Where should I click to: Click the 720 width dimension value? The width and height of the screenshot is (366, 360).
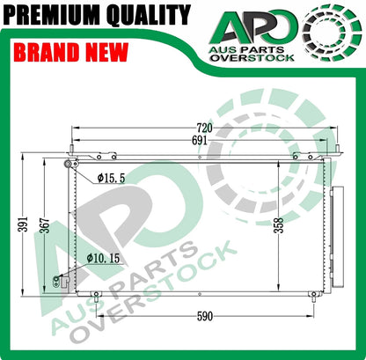click(x=204, y=129)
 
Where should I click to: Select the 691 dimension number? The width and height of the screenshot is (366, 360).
click(x=200, y=141)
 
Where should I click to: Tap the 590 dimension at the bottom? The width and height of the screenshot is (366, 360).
click(x=204, y=316)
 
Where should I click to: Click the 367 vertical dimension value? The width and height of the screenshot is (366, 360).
click(x=45, y=225)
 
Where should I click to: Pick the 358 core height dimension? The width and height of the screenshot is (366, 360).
click(x=279, y=225)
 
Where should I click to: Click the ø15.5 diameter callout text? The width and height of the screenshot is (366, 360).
click(x=111, y=178)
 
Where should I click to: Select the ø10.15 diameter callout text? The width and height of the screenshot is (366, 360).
click(x=103, y=258)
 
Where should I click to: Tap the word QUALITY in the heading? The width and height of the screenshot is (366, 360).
click(x=149, y=15)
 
